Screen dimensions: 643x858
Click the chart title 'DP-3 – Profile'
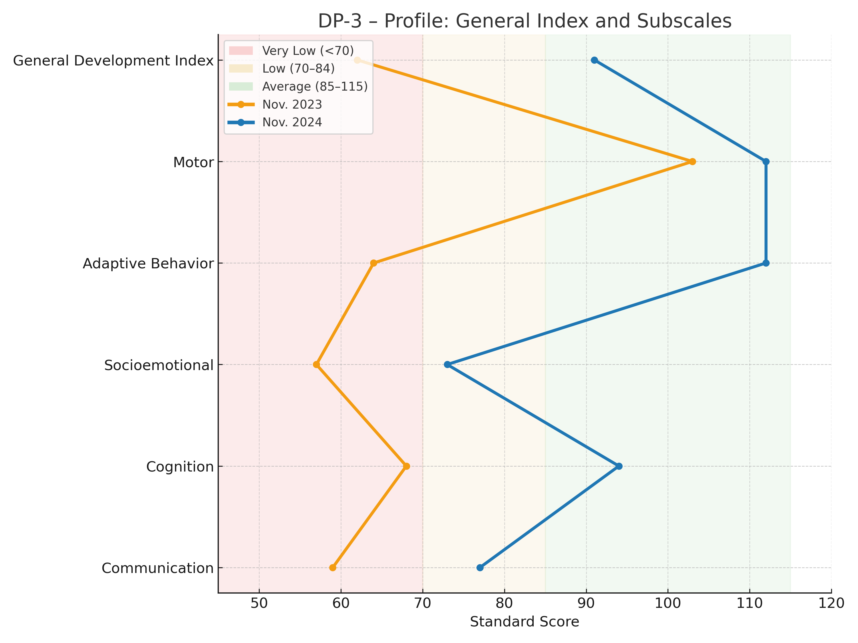[x=525, y=21]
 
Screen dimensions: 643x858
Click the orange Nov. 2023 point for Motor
[x=692, y=162]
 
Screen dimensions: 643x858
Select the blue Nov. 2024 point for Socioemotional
[x=447, y=364]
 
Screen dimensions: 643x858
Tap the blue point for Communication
[x=480, y=568]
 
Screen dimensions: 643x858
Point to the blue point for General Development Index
[x=594, y=60]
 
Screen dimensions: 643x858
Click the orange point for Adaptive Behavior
[x=374, y=263]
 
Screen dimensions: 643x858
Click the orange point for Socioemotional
[x=317, y=364]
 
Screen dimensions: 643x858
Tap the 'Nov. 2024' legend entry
[x=292, y=123]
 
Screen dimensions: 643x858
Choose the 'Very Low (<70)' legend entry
[x=307, y=51]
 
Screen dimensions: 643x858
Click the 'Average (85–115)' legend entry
[x=315, y=86]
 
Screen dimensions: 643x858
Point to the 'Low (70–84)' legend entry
[x=298, y=69]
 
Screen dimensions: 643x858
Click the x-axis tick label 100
[x=668, y=604]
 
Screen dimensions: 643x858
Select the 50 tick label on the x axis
[x=259, y=604]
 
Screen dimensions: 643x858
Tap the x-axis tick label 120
[x=831, y=604]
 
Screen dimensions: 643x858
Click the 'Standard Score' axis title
[x=525, y=622]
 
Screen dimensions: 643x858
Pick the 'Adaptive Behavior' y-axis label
[x=148, y=263]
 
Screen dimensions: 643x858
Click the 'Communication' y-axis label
[x=158, y=568]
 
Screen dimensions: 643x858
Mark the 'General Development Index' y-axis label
[x=113, y=61]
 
